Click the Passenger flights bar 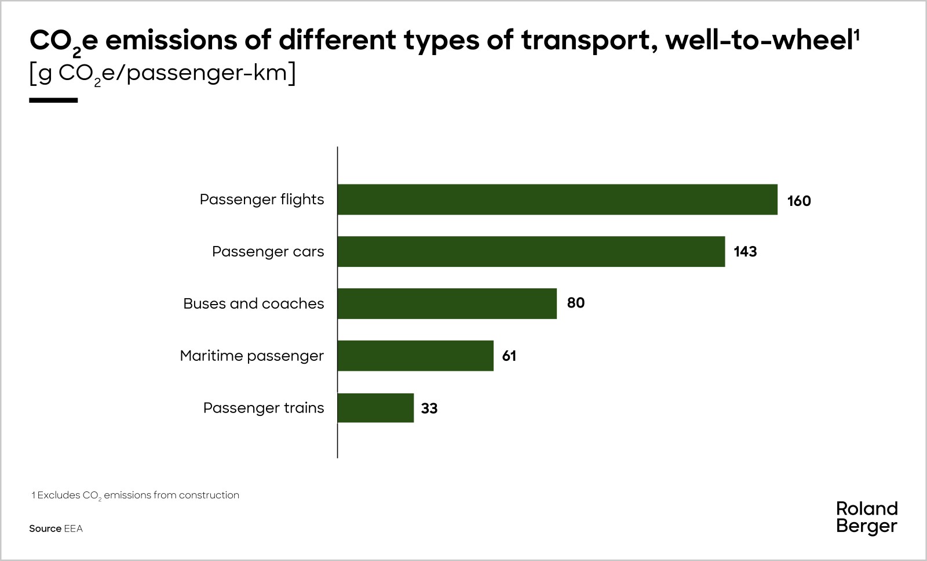click(x=557, y=200)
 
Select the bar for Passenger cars click(x=531, y=251)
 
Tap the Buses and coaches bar click(x=447, y=303)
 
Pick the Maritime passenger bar click(x=415, y=356)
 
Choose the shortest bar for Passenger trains click(x=375, y=408)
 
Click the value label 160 click(x=798, y=201)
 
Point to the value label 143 click(x=745, y=252)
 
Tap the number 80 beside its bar click(x=575, y=303)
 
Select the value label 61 click(x=509, y=356)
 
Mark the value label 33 click(x=429, y=408)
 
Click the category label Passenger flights click(x=261, y=200)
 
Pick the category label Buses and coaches click(x=253, y=303)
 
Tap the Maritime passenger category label click(x=251, y=356)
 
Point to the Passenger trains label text click(x=263, y=408)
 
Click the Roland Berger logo click(x=866, y=517)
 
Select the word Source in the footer click(x=45, y=529)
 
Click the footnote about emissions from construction click(x=135, y=495)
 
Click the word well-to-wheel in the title click(x=759, y=41)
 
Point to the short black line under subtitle click(x=53, y=100)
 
